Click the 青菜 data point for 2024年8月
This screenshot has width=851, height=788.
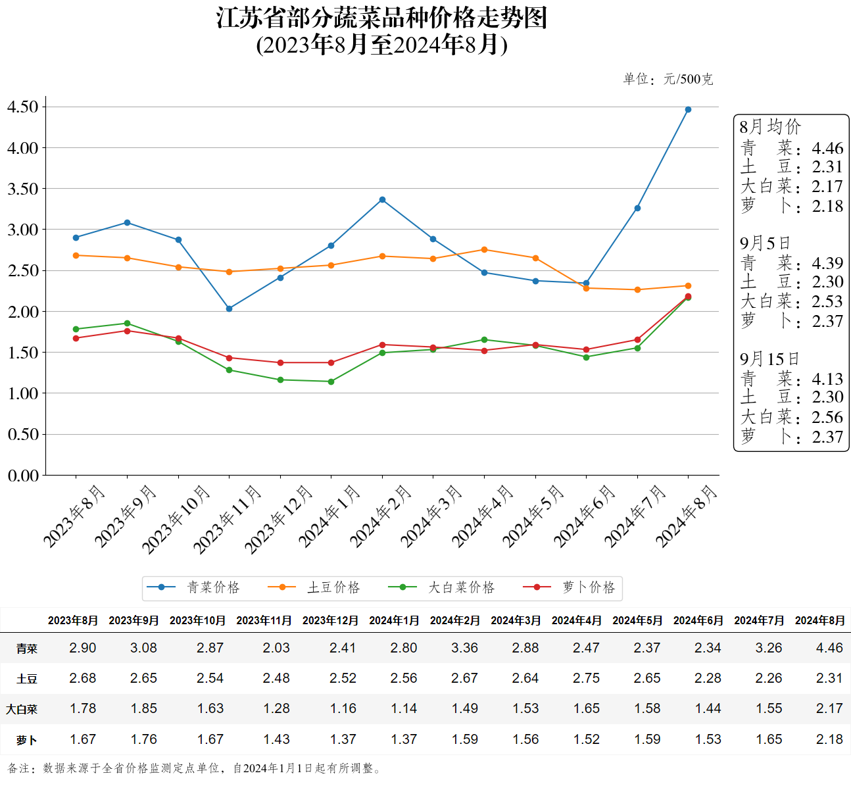tap(688, 110)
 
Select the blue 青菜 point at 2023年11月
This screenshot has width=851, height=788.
tap(229, 308)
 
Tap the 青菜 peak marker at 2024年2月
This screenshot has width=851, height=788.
tap(382, 200)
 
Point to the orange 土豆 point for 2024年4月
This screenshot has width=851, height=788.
tap(484, 250)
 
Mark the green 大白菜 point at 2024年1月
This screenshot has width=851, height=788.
tap(331, 382)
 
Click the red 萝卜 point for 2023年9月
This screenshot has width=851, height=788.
tap(127, 331)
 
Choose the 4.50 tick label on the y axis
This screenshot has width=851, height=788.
tap(22, 107)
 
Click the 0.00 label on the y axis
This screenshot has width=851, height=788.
tap(22, 475)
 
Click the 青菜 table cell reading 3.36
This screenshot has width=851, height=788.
tap(464, 648)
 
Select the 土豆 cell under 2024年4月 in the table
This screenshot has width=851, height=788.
tap(586, 678)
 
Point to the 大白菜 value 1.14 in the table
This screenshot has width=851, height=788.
tap(404, 708)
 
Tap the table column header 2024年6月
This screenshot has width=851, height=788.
tap(698, 620)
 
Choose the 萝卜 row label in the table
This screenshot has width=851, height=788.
tap(27, 740)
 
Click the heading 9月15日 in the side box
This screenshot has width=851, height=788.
tap(769, 359)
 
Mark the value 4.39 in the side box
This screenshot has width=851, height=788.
tap(827, 263)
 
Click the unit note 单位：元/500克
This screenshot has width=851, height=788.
tap(668, 80)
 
